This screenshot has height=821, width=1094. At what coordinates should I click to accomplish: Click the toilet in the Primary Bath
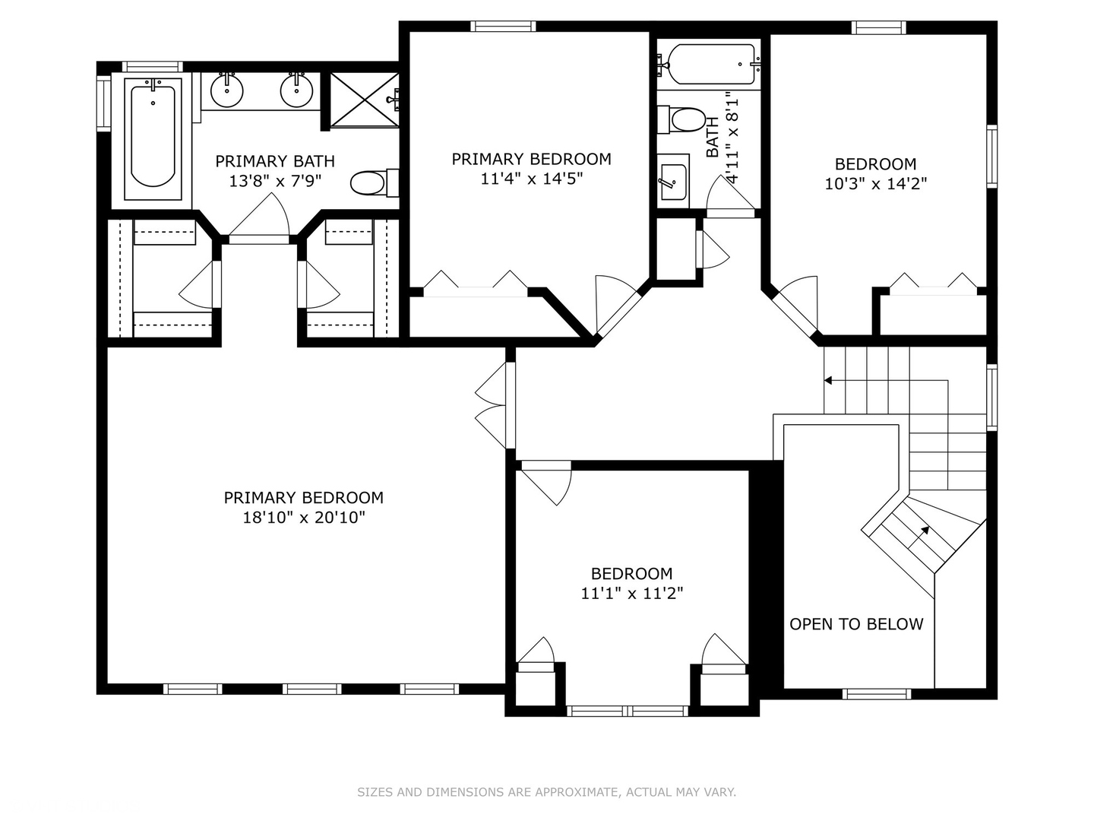(375, 183)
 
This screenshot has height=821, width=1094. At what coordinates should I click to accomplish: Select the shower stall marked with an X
(365, 100)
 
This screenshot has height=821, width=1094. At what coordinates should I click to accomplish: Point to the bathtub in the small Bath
(710, 65)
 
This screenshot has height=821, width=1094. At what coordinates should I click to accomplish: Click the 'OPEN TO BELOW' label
(856, 624)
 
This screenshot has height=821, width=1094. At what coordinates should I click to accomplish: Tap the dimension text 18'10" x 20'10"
(304, 518)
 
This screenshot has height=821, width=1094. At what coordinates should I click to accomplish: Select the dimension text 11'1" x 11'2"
(631, 594)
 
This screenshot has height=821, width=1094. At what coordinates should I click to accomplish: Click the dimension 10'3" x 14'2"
(876, 184)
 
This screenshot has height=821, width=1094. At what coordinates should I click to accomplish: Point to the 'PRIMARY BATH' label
(274, 161)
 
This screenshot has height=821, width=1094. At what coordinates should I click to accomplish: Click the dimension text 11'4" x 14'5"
(531, 179)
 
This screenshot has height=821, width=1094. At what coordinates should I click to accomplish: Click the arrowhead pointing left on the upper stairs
(828, 380)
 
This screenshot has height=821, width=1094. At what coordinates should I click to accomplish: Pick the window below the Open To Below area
(877, 693)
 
